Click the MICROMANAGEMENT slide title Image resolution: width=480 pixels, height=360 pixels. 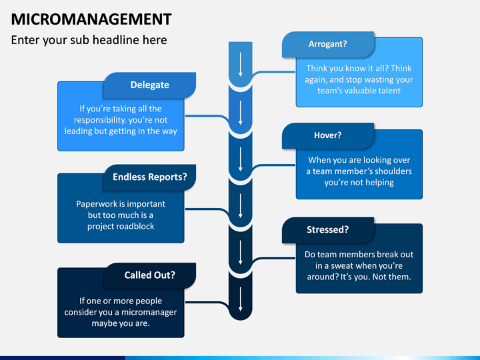91,19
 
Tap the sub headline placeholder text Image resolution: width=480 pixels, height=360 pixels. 89,40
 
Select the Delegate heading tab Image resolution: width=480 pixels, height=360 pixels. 150,85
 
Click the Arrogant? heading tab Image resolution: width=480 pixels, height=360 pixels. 328,44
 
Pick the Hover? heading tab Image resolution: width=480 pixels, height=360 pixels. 328,135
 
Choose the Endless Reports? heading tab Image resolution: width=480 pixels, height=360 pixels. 150,177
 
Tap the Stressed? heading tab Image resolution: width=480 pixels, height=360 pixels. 328,230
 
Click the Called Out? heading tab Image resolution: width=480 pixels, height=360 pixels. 150,275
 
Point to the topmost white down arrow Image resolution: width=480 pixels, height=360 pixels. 241,64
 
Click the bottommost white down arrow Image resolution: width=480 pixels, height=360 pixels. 241,299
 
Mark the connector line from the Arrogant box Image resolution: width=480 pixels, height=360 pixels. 273,72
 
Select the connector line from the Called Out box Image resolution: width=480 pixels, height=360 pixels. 207,303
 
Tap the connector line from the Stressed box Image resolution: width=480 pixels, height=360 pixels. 273,259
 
